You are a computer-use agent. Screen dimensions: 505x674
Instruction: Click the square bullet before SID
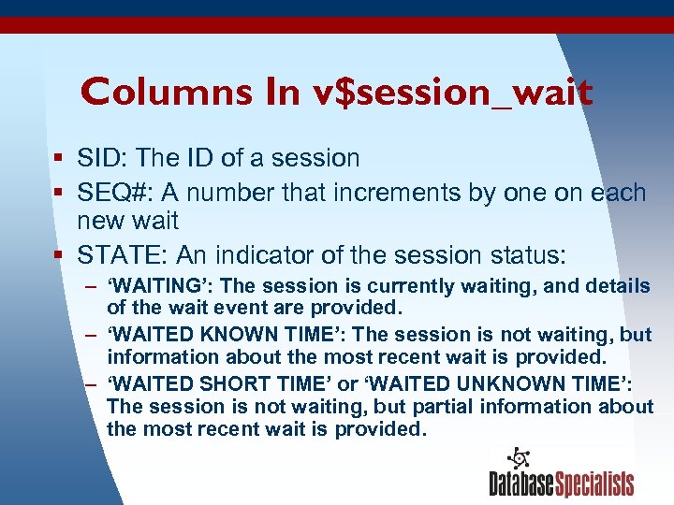click(x=59, y=159)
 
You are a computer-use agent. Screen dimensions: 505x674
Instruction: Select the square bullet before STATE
click(x=59, y=254)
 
